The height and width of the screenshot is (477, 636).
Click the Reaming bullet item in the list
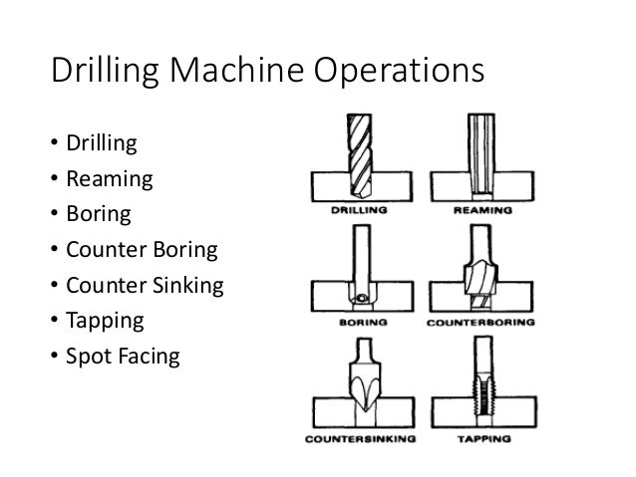click(x=109, y=180)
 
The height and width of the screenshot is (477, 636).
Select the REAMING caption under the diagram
click(x=481, y=211)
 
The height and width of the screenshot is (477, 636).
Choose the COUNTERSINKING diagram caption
click(x=360, y=437)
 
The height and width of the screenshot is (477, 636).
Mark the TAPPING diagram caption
click(x=481, y=437)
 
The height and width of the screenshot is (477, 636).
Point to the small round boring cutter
click(x=359, y=297)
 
